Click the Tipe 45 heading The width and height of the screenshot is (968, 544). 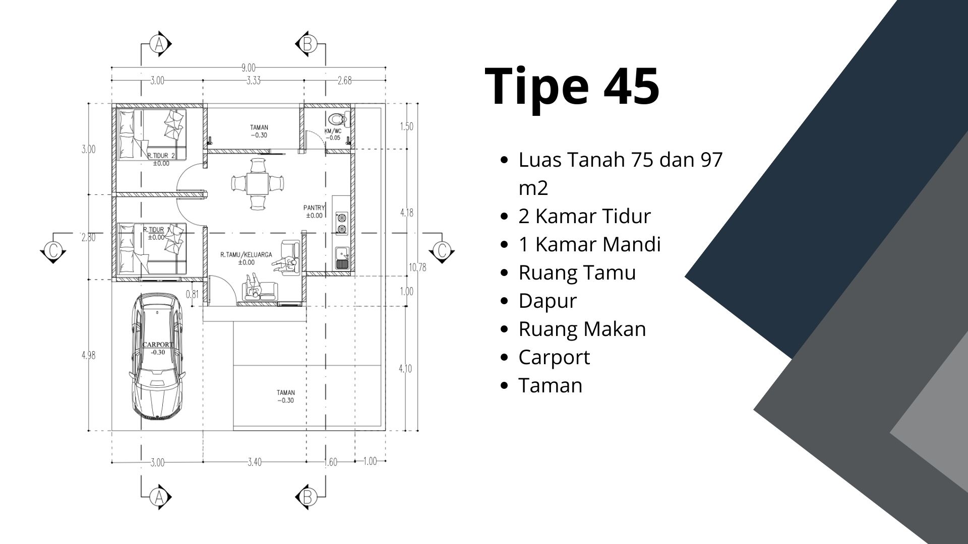click(572, 86)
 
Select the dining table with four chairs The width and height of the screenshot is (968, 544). click(257, 183)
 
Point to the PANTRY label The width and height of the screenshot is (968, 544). click(314, 208)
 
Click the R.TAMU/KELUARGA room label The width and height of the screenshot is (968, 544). click(246, 255)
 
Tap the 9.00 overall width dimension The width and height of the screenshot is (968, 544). click(249, 67)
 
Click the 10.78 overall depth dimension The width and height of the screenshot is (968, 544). click(417, 267)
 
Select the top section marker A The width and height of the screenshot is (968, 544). click(160, 44)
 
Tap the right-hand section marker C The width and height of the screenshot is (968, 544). click(442, 250)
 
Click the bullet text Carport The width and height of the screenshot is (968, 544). click(554, 357)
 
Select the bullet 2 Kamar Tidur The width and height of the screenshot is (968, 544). click(584, 216)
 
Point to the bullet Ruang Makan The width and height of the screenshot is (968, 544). click(582, 329)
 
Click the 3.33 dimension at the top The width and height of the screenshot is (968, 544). click(254, 81)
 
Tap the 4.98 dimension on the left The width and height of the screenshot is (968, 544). click(88, 355)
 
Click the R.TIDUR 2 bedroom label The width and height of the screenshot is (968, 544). click(161, 157)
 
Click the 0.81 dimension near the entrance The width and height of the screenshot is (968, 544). click(192, 294)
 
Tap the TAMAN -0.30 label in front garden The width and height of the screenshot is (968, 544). click(285, 396)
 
